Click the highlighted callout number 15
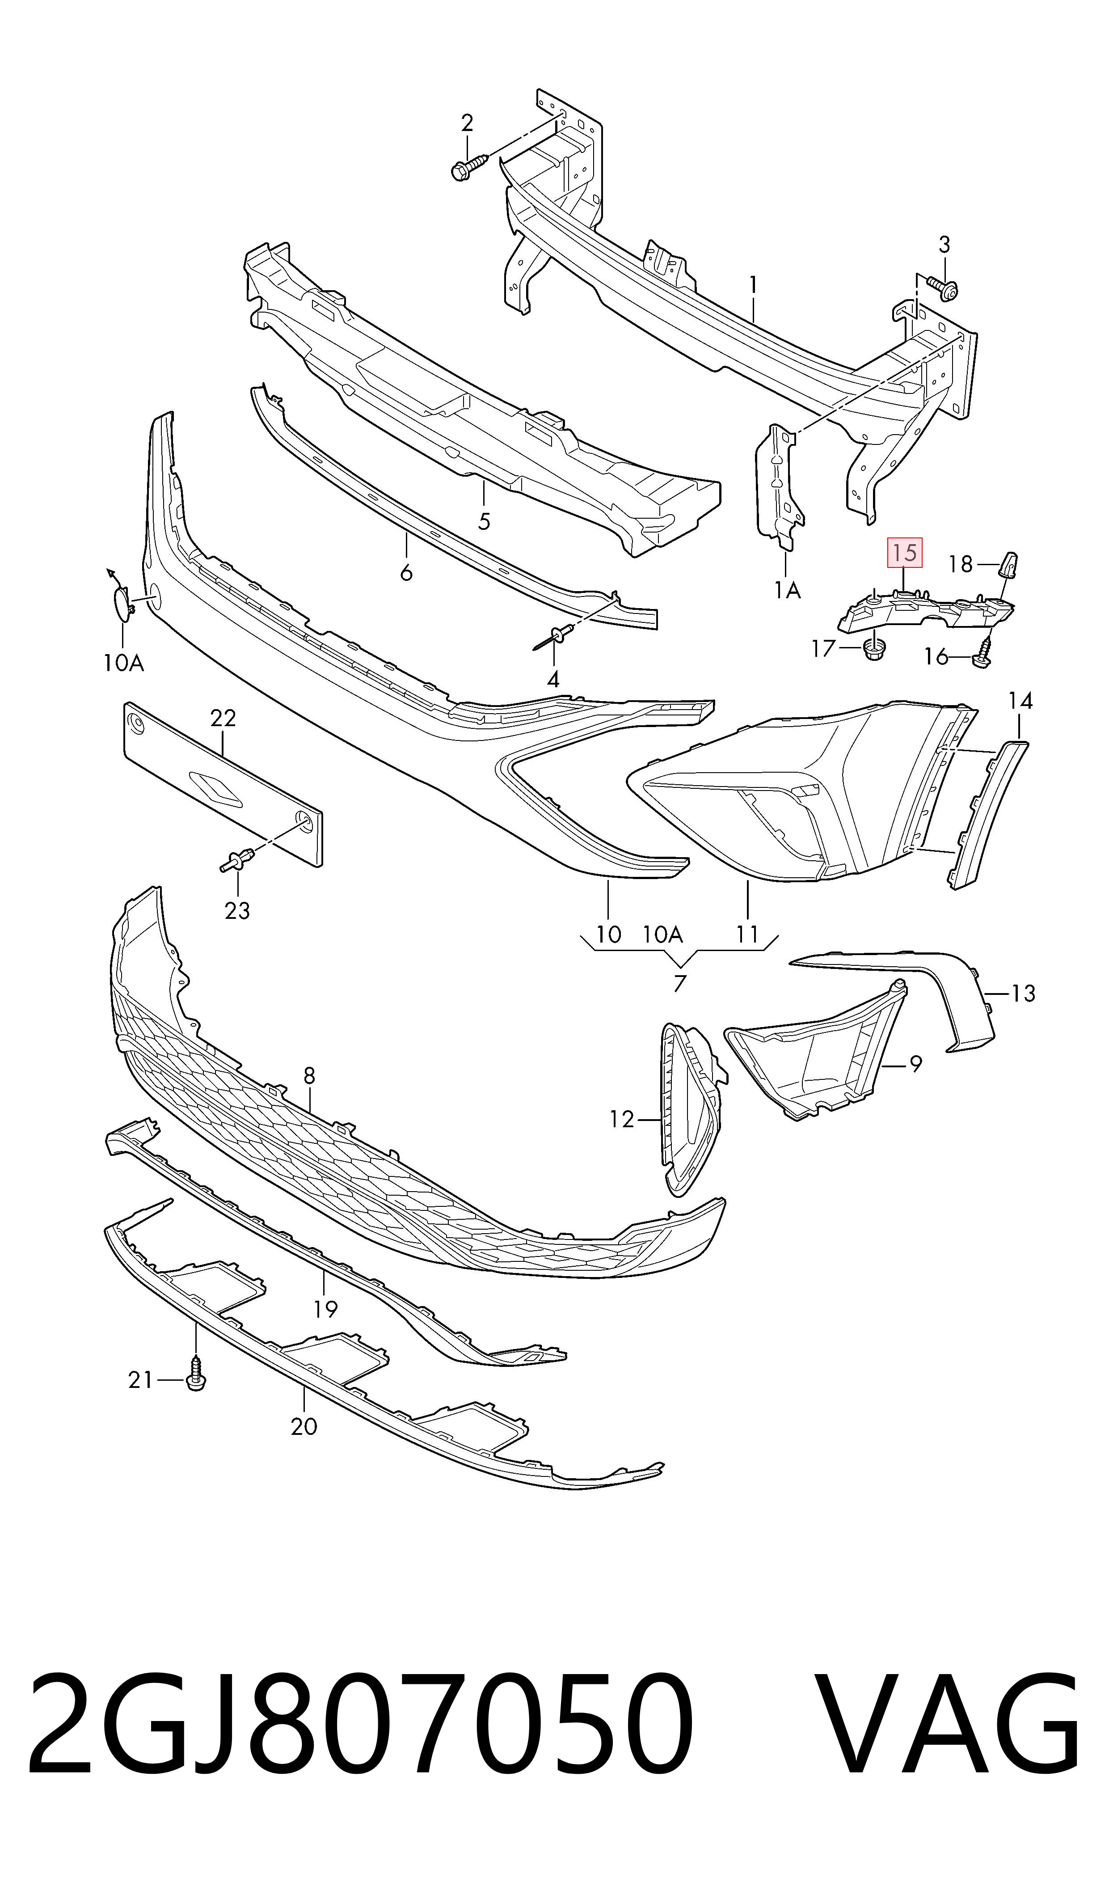pyautogui.click(x=904, y=553)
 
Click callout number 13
pyautogui.click(x=1024, y=994)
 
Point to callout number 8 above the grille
pyautogui.click(x=309, y=1075)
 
